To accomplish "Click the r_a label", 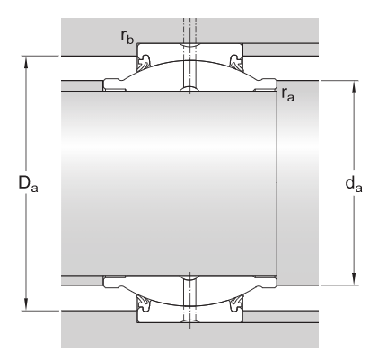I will coord(286,94).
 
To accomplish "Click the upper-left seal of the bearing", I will coord(144,62).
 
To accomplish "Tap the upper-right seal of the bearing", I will coord(235,62).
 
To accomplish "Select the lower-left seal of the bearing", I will coord(144,305).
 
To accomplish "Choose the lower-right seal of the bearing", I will coord(235,305).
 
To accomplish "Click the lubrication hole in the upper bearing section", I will coord(189,67).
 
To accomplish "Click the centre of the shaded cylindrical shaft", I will coord(171,184).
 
